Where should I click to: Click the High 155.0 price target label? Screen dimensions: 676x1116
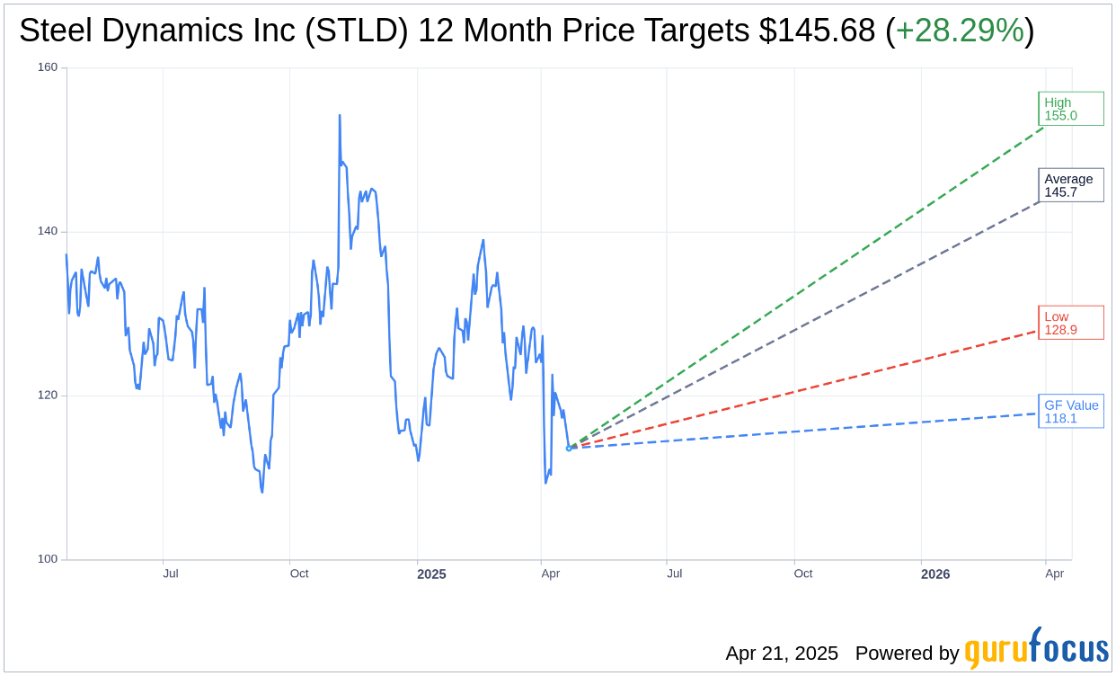(1070, 109)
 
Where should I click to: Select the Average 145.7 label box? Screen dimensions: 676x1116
(1070, 185)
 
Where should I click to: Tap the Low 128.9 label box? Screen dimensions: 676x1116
(1070, 323)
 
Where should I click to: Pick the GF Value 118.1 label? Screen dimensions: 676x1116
(1070, 412)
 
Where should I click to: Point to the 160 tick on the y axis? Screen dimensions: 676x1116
(47, 67)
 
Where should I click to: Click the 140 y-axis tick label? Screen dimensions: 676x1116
(47, 231)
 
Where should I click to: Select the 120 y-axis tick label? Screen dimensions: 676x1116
(47, 395)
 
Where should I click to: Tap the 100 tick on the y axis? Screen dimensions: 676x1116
(47, 558)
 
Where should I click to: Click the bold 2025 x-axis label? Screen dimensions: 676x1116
(431, 574)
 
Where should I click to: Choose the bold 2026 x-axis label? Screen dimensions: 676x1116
(935, 574)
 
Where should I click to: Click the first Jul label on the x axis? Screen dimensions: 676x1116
(171, 574)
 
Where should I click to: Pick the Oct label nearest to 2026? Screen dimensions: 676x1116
(802, 574)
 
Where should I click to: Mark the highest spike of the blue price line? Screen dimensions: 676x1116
(340, 116)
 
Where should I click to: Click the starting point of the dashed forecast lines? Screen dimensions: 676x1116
(569, 448)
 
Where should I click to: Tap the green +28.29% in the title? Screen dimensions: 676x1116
(960, 31)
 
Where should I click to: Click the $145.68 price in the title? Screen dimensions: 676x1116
(817, 31)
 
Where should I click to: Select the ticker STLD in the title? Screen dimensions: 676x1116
(357, 31)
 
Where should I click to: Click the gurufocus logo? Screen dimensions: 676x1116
(1036, 649)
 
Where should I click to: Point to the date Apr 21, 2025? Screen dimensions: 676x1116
(782, 654)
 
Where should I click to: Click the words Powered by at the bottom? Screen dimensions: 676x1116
(907, 654)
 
